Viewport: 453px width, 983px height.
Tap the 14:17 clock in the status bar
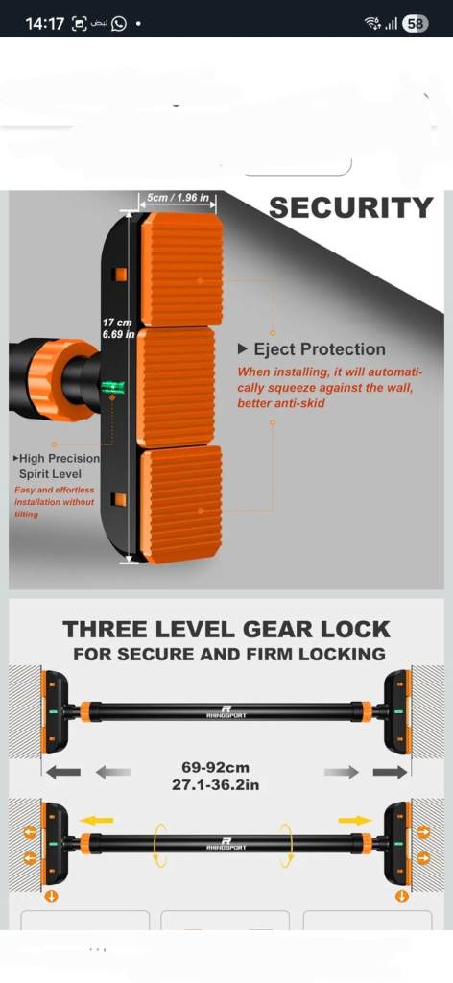click(x=44, y=24)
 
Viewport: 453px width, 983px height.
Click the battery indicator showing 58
click(x=416, y=24)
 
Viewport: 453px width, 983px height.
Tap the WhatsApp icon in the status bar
click(x=118, y=24)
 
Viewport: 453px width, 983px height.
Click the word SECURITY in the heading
click(x=351, y=207)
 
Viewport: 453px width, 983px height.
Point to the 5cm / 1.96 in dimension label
click(x=178, y=198)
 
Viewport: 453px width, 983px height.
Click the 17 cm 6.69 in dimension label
click(x=118, y=328)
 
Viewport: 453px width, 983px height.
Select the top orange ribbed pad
click(x=181, y=270)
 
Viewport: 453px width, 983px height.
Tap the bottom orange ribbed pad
click(x=181, y=504)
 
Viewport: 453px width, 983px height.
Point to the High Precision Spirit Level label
click(x=56, y=467)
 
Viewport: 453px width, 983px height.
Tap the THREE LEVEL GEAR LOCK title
click(x=226, y=629)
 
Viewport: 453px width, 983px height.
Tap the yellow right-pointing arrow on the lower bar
click(x=355, y=820)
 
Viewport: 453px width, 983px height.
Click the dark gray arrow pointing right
click(x=390, y=772)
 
